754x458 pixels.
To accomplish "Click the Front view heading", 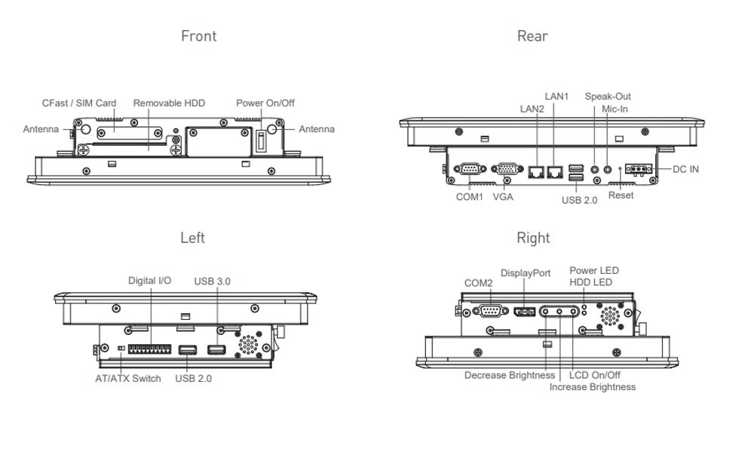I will (x=198, y=36).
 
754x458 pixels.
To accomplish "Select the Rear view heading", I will (x=532, y=36).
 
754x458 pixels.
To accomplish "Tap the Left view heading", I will (x=192, y=238).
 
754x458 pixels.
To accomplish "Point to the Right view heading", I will (x=533, y=238).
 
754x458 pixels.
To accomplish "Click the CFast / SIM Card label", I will (x=79, y=103).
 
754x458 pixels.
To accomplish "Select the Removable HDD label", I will (x=169, y=103).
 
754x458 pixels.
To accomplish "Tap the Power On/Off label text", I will (x=265, y=103).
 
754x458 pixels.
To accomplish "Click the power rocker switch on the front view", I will (x=262, y=142).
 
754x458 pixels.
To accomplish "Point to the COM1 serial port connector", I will (x=470, y=171).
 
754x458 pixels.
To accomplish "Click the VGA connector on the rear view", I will (x=505, y=171).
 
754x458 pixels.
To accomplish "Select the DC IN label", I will (x=685, y=169).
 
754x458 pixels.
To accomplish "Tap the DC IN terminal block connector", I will (x=636, y=170).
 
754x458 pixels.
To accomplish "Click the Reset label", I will (x=621, y=195).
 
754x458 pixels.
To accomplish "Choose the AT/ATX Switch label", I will (x=127, y=378).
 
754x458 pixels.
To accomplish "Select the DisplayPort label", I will (x=526, y=273).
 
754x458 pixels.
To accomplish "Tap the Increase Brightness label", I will (x=592, y=387).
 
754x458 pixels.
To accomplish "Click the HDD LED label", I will (x=590, y=282).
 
